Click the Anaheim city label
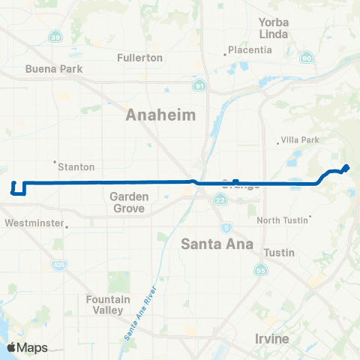point(160,115)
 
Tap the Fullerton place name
point(140,58)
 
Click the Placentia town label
point(251,50)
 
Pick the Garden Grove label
point(128,202)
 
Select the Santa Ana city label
point(216,244)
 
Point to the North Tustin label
point(283,220)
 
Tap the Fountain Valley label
point(108,304)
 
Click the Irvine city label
point(271,339)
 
